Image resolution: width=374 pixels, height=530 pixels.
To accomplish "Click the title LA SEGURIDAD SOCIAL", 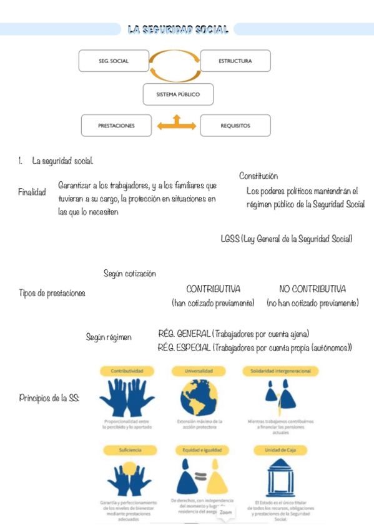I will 178,29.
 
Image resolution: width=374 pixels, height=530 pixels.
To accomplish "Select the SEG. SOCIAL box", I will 113,61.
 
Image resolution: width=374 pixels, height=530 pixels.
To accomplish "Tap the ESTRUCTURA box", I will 235,61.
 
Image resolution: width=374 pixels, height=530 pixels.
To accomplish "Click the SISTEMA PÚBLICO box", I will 178,94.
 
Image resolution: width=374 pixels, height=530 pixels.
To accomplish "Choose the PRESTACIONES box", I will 116,126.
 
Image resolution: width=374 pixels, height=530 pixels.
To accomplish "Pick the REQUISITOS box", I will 235,126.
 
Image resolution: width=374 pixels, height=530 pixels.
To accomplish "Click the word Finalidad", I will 32,192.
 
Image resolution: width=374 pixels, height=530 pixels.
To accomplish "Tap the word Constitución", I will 258,176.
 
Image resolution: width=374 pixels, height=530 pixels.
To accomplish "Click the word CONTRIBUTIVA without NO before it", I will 213,289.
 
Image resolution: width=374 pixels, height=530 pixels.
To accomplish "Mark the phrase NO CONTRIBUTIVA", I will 312,289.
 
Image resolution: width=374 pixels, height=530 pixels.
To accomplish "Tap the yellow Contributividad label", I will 132,371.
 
